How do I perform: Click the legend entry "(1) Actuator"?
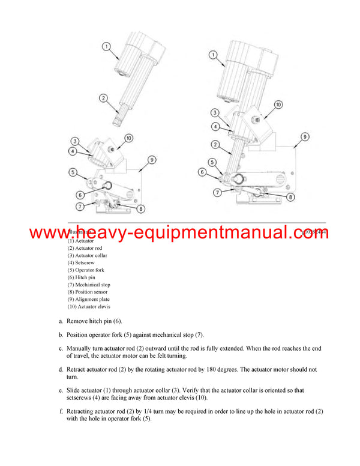pyautogui.click(x=81, y=241)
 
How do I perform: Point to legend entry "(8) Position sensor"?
pyautogui.click(x=89, y=292)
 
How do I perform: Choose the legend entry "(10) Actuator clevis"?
pyautogui.click(x=89, y=306)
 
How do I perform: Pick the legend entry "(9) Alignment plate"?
pyautogui.click(x=88, y=299)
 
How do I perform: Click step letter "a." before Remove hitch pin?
pyautogui.click(x=61, y=321)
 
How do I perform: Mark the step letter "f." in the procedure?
pyautogui.click(x=61, y=411)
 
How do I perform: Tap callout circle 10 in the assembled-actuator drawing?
pyautogui.click(x=278, y=105)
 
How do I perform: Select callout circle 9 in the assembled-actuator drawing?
pyautogui.click(x=305, y=137)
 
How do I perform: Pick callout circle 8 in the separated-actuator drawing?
pyautogui.click(x=140, y=209)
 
